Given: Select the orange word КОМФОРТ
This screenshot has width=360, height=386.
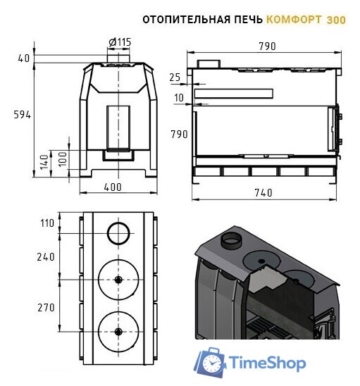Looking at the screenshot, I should click(294, 20).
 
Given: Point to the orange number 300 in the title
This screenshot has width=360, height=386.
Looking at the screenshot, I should click(336, 20).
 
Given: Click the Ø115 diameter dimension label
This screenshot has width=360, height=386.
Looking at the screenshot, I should click(119, 42).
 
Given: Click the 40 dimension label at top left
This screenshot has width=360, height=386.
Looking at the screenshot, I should click(23, 58).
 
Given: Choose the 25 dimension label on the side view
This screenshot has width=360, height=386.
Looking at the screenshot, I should click(175, 76).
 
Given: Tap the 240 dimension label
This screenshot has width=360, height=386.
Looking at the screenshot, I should click(46, 257).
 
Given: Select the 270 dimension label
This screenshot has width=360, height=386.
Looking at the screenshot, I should click(46, 307).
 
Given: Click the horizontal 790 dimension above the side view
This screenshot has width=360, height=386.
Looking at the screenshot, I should click(266, 46).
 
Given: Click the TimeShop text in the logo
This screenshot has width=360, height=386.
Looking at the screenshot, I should click(268, 363).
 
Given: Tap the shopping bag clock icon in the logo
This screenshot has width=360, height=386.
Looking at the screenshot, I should click(210, 362).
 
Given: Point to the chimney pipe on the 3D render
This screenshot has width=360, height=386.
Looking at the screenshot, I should click(230, 242).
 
